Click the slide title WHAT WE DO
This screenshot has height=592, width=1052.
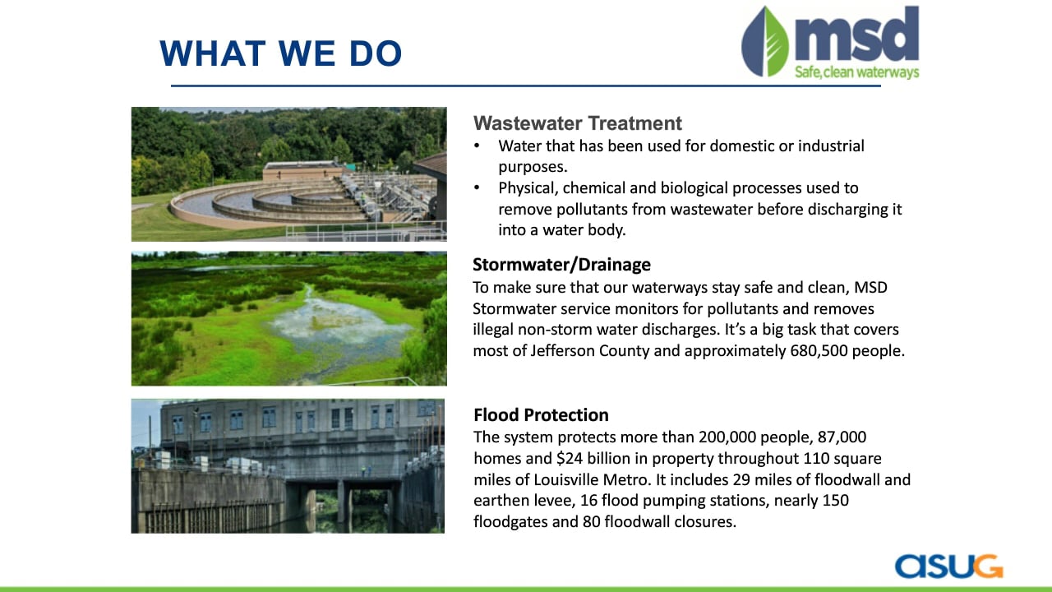pyautogui.click(x=281, y=53)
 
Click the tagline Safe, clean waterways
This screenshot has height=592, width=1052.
pyautogui.click(x=856, y=72)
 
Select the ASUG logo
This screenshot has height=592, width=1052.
pyautogui.click(x=948, y=567)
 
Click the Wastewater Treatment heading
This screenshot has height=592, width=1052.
pyautogui.click(x=577, y=123)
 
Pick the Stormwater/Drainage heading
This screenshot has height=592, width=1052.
pyautogui.click(x=561, y=265)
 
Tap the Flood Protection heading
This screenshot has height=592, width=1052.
pyautogui.click(x=541, y=415)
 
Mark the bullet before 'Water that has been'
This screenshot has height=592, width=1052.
pyautogui.click(x=478, y=146)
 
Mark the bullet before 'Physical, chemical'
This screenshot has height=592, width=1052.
pyautogui.click(x=478, y=188)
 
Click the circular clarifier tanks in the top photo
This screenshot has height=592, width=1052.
pyautogui.click(x=268, y=202)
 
